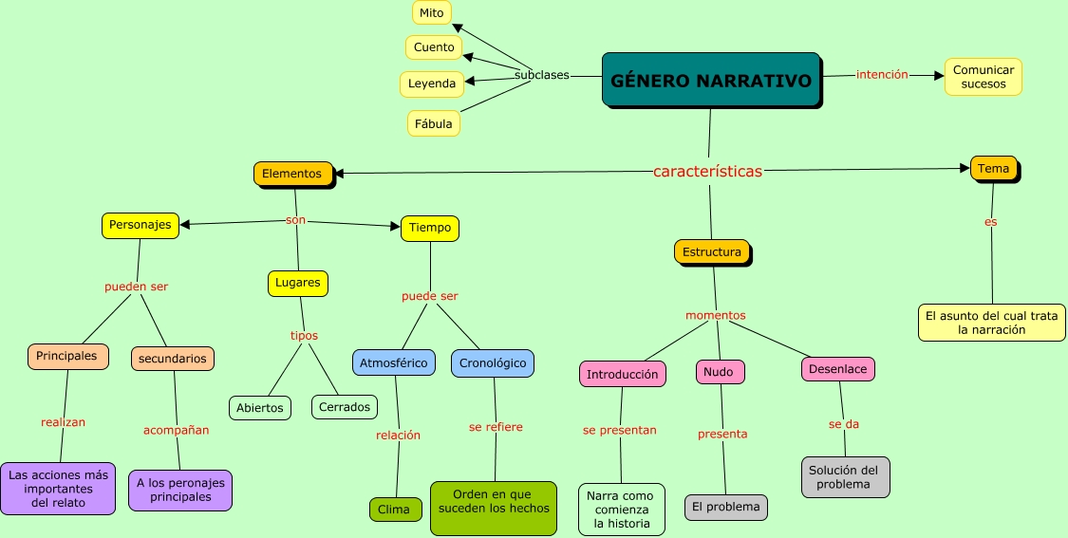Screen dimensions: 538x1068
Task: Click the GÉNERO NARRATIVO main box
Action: [x=711, y=80]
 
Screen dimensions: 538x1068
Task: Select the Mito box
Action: [x=432, y=12]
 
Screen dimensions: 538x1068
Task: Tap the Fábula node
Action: [x=434, y=123]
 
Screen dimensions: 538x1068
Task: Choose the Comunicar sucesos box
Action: [x=984, y=77]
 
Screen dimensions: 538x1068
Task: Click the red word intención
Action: [x=882, y=75]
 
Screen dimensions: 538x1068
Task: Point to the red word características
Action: [x=707, y=172]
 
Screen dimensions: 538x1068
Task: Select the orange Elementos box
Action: [x=292, y=174]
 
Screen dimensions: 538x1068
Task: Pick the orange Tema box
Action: [x=993, y=169]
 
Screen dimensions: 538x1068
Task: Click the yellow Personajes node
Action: [x=140, y=225]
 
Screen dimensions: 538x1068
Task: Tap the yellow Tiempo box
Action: [x=430, y=228]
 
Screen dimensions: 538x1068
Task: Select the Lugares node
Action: [x=298, y=283]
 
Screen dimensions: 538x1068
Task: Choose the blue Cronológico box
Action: [x=492, y=362]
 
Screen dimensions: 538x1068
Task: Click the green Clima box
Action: [x=394, y=510]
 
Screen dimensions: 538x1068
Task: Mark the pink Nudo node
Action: [x=719, y=372]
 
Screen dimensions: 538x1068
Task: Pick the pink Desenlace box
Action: [x=837, y=368]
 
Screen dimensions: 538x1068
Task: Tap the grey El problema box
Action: [x=725, y=507]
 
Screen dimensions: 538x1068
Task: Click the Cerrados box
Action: [x=344, y=407]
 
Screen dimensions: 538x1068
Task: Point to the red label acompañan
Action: [x=176, y=430]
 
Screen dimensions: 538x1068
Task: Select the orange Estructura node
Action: [x=711, y=252]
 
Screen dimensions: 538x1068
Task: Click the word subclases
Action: [x=542, y=75]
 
